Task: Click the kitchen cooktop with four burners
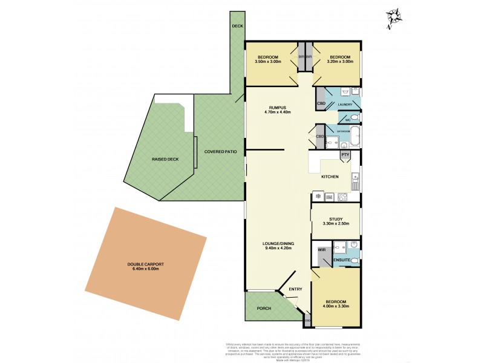pos(343,196)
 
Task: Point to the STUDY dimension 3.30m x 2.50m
pos(336,224)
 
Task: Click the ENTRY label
pos(295,289)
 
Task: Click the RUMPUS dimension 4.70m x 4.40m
pos(278,112)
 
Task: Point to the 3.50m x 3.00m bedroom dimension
pos(269,61)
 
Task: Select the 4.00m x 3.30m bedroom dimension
pos(336,306)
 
